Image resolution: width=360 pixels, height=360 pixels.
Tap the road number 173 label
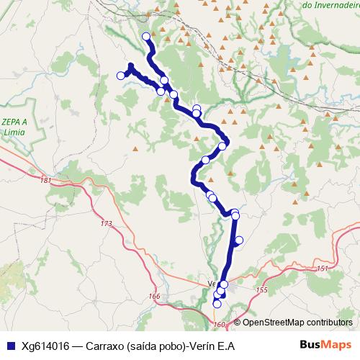point(107,224)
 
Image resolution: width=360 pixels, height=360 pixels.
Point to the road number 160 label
point(220,325)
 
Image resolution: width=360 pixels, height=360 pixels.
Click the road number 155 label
point(261,289)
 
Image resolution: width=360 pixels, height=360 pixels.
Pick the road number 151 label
point(322,269)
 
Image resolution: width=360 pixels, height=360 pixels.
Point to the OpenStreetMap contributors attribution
point(297,323)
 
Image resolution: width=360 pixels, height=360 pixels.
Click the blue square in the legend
point(8,346)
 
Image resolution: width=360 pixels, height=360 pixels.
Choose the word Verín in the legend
point(204,346)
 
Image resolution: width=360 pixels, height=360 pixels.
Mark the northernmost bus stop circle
point(146,36)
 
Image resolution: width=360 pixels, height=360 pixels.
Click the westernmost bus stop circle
point(120,76)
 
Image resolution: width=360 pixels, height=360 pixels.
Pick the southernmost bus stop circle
point(217,305)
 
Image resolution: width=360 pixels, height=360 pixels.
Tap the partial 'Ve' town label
point(212,283)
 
